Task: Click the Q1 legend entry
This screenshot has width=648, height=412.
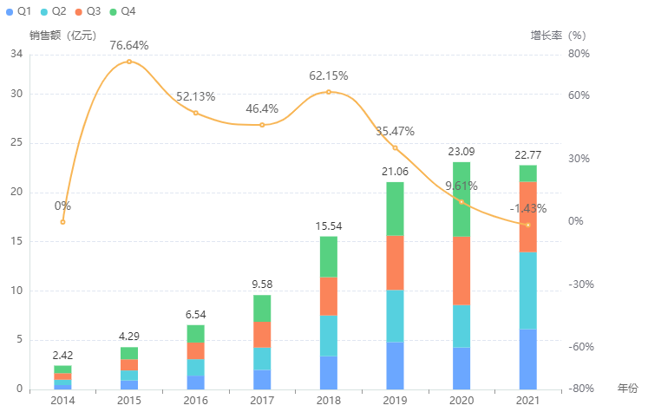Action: (19, 11)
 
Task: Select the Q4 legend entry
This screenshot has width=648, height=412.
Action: (122, 11)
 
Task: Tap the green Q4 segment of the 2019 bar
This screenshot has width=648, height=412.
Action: (395, 208)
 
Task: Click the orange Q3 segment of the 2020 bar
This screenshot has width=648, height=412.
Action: (461, 271)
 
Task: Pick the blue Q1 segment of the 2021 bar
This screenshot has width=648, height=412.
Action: (527, 359)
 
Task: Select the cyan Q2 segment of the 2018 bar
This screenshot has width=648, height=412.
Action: (328, 335)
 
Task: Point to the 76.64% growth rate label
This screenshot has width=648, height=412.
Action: (129, 45)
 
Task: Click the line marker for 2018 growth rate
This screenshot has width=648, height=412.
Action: (328, 92)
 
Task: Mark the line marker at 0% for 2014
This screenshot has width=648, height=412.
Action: (62, 222)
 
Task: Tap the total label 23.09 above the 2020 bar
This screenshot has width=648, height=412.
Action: (461, 152)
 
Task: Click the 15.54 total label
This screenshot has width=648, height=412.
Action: (328, 226)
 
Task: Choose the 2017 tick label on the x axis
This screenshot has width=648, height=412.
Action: (262, 400)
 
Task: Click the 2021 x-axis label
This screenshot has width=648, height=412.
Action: (527, 400)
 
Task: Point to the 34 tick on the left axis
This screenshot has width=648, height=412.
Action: (16, 54)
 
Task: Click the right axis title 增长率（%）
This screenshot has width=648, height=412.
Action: (558, 36)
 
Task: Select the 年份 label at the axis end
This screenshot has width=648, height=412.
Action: (627, 388)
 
